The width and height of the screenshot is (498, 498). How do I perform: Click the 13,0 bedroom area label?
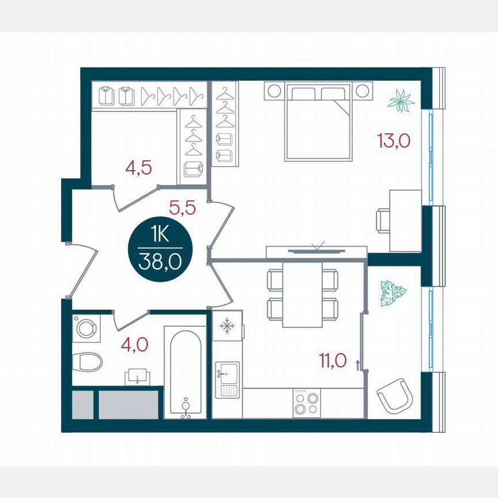394,140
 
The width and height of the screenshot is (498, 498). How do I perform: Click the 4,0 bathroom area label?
134,345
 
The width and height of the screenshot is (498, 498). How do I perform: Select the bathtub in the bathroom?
185,372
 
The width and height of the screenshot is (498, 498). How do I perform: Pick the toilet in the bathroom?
88,361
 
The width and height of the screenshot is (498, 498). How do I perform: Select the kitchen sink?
227,379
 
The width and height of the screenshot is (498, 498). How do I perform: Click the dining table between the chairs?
302,294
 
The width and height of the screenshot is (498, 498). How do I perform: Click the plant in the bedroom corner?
401,102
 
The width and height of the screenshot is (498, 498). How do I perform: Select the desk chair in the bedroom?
383,220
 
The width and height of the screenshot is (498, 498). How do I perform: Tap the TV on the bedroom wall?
316,251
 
